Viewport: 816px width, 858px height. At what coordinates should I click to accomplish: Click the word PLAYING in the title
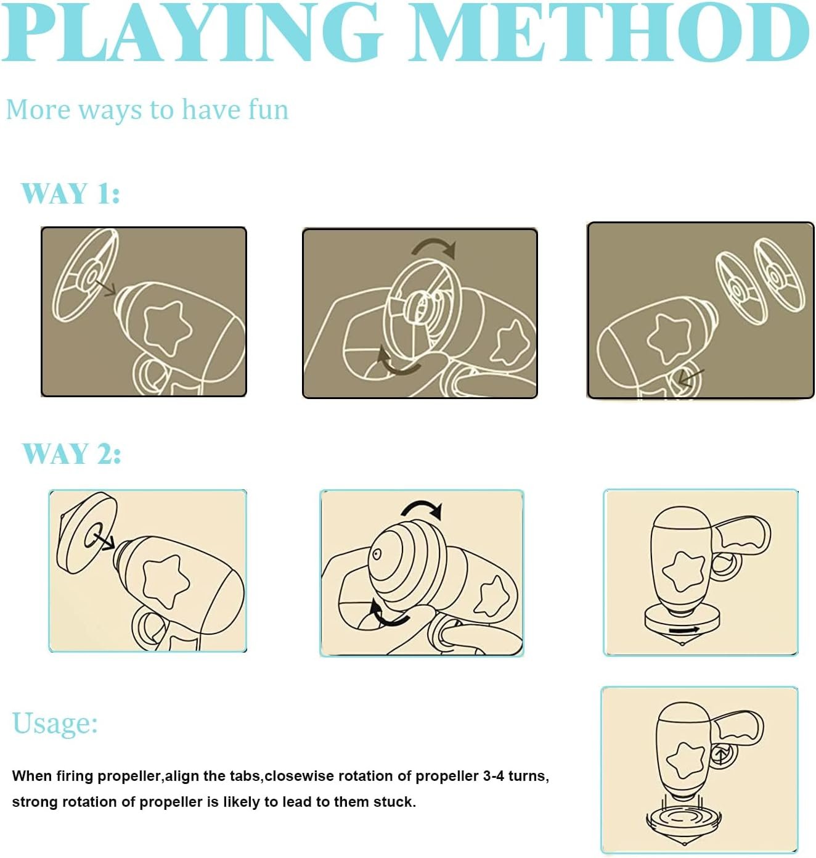pyautogui.click(x=192, y=32)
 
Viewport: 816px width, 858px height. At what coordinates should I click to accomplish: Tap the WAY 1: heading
pyautogui.click(x=70, y=193)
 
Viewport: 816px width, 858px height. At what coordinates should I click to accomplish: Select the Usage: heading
pyautogui.click(x=54, y=724)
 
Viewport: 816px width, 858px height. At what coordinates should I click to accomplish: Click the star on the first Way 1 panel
pyautogui.click(x=167, y=328)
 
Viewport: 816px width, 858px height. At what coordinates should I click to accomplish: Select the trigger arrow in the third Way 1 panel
pyautogui.click(x=692, y=377)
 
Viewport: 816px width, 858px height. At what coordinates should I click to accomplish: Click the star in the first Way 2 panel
pyautogui.click(x=166, y=581)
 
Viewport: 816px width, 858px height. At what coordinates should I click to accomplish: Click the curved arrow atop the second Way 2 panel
pyautogui.click(x=422, y=508)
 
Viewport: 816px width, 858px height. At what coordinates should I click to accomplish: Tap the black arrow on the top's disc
pyautogui.click(x=683, y=630)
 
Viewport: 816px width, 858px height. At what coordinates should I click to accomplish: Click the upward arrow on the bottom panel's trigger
pyautogui.click(x=721, y=754)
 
